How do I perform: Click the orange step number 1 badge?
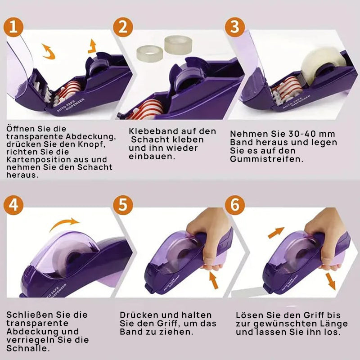[x=13, y=27]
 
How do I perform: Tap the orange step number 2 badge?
[x=123, y=27]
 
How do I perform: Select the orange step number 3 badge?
[x=234, y=27]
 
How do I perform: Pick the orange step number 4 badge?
[x=13, y=205]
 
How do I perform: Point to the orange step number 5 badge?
[x=123, y=205]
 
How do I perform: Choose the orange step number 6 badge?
[x=234, y=205]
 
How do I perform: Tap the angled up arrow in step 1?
[x=92, y=47]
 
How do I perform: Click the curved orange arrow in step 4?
[x=64, y=223]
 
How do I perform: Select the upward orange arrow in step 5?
[x=214, y=280]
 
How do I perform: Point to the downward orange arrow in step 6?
[x=331, y=282]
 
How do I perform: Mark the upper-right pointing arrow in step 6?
[x=276, y=233]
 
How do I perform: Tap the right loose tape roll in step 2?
[x=178, y=45]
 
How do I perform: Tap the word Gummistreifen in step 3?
[x=266, y=159]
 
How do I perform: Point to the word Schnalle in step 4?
[x=28, y=348]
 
